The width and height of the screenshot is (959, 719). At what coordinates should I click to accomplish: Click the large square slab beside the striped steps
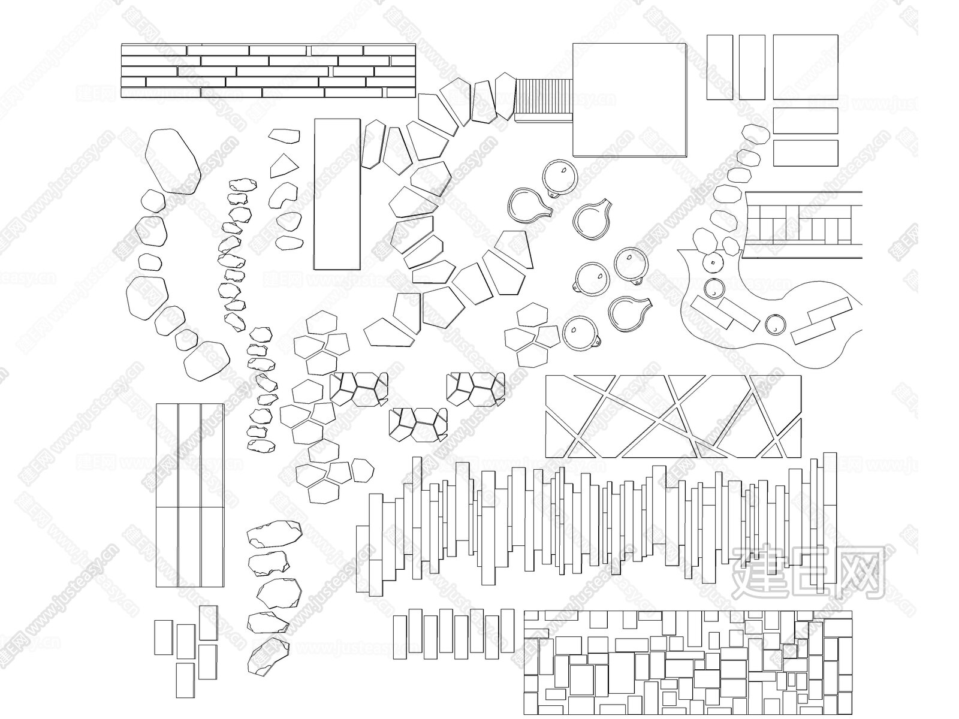pyautogui.click(x=629, y=99)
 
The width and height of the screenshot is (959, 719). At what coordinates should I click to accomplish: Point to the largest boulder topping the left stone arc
pyautogui.click(x=172, y=160)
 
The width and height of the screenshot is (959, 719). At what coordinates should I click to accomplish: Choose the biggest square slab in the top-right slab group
pyautogui.click(x=804, y=67)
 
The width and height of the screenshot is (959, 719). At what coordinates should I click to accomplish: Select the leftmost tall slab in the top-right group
pyautogui.click(x=719, y=67)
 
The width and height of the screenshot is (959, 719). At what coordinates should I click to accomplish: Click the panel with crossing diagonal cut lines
pyautogui.click(x=672, y=416)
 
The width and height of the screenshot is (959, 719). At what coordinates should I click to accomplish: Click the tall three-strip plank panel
pyautogui.click(x=190, y=496)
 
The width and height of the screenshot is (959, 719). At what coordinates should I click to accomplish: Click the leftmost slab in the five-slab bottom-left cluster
pyautogui.click(x=163, y=638)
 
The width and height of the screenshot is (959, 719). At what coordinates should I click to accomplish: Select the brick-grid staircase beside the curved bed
pyautogui.click(x=803, y=225)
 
